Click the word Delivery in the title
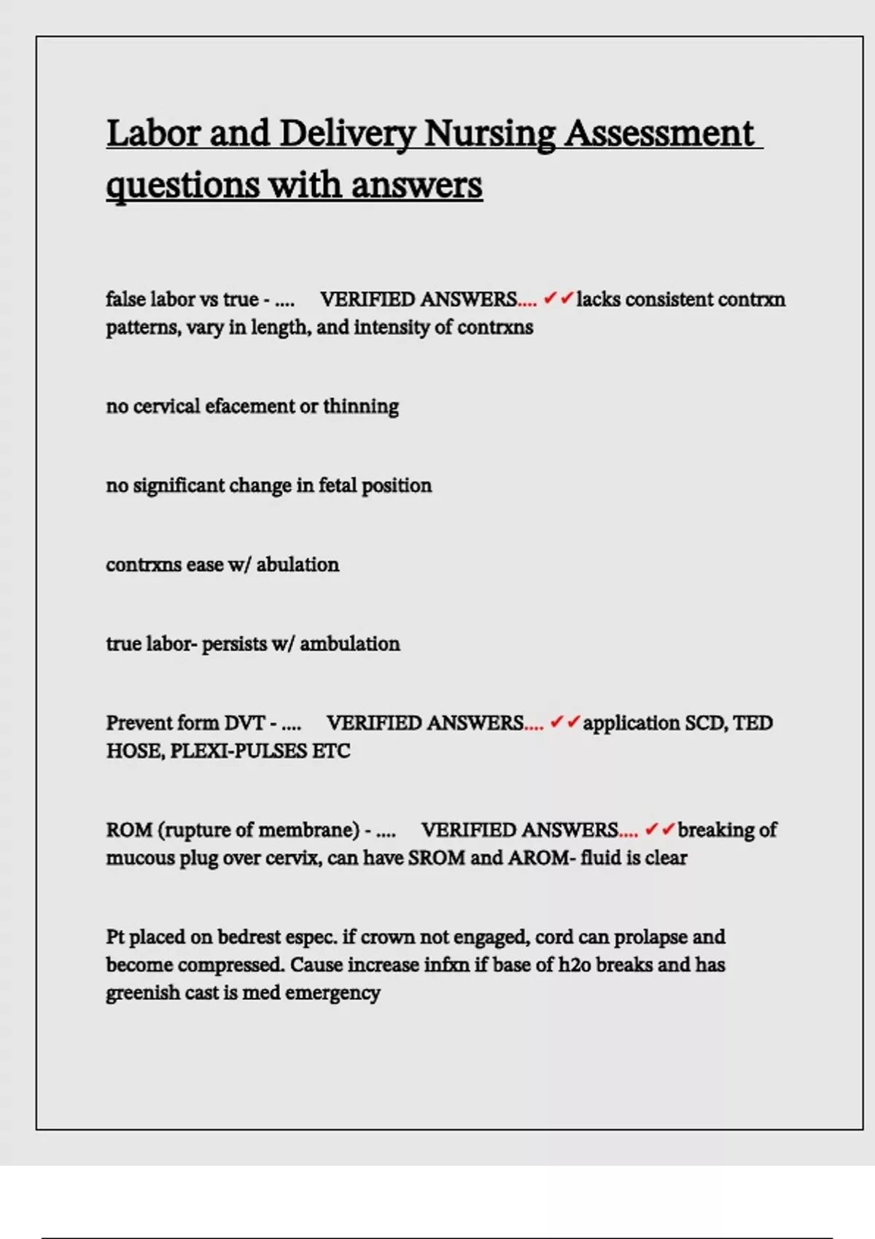[x=348, y=134]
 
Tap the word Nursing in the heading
[x=489, y=134]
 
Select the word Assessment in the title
[x=659, y=134]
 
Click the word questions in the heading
[x=182, y=185]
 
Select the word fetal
[x=338, y=485]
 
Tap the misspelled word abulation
[x=297, y=565]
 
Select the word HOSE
[x=135, y=751]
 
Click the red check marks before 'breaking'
[x=659, y=829]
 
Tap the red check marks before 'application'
[x=564, y=722]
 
